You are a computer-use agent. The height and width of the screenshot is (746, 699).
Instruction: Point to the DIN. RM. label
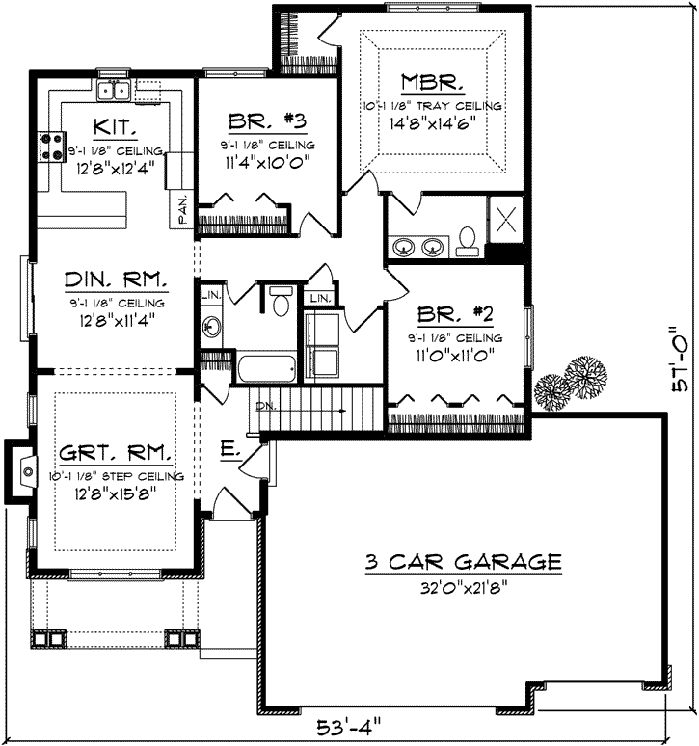point(116,280)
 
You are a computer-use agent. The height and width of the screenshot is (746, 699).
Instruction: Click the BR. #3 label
point(267,121)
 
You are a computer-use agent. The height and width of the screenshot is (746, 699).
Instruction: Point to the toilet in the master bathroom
point(468,240)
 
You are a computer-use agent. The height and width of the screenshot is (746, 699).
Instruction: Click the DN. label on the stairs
point(264,407)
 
